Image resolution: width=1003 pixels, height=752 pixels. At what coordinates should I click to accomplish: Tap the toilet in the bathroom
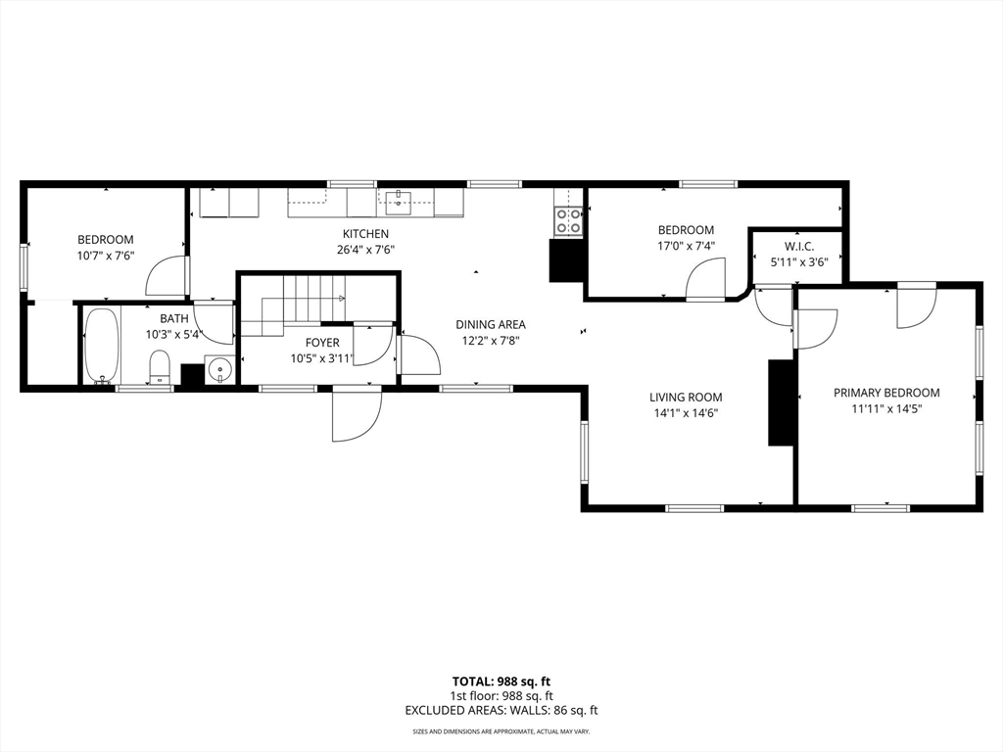pos(161,369)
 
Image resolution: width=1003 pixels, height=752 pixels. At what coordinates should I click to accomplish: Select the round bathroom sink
pos(221,371)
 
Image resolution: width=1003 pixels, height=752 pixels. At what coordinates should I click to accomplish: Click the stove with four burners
pos(568,221)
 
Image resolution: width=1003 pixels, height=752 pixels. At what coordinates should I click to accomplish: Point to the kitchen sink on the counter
pos(398,203)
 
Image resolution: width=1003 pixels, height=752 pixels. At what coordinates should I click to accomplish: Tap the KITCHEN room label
pos(365,234)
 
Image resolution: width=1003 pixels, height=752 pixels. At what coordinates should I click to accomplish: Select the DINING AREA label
pos(491,324)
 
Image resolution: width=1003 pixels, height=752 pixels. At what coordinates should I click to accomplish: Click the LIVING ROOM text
pos(686,397)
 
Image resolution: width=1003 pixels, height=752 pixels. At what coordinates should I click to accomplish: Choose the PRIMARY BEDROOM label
pos(886,393)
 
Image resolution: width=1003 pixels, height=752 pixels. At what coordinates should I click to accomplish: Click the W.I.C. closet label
pos(798,246)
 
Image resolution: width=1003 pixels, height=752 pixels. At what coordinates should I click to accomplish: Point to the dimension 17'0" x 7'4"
pos(686,247)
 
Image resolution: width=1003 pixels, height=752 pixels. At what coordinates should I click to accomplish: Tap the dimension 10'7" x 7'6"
pos(106,256)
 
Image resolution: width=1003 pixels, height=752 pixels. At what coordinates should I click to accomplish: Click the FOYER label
pos(322,343)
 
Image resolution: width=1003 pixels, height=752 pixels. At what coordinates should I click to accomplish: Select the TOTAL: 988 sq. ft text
pos(501,681)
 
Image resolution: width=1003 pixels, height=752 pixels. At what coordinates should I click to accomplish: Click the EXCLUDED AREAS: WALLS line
pos(501,710)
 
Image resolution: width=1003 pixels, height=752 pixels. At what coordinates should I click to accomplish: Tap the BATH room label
pos(174,318)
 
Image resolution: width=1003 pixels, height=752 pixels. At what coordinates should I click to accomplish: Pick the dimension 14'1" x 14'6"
pos(686,413)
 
